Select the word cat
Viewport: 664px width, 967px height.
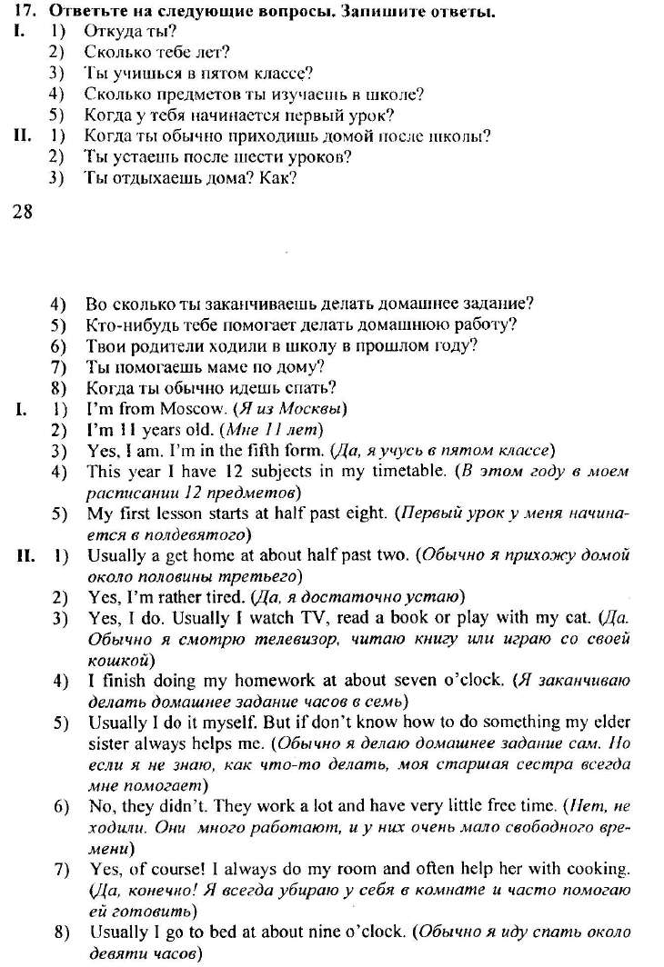pos(578,617)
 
